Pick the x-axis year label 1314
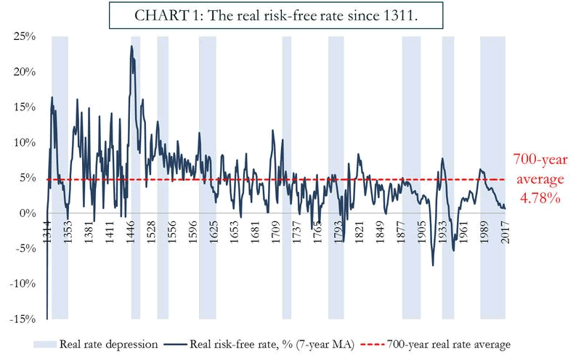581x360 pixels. coord(47,234)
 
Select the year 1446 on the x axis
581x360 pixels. coord(134,234)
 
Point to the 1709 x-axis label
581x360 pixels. coord(276,234)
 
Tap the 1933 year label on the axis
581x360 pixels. coord(443,234)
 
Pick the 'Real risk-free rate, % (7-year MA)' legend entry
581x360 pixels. coord(272,344)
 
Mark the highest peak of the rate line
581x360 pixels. coord(131,46)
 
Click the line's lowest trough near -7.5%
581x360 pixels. coord(433,265)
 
